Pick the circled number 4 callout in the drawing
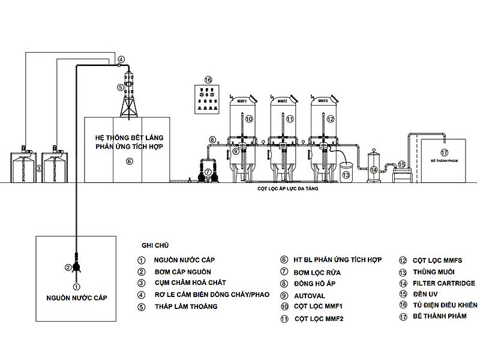click(x=121, y=59)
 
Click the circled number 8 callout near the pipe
click(x=212, y=140)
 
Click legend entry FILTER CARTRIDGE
click(x=443, y=283)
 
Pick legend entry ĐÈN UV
click(x=427, y=294)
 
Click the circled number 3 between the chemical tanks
click(x=39, y=169)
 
